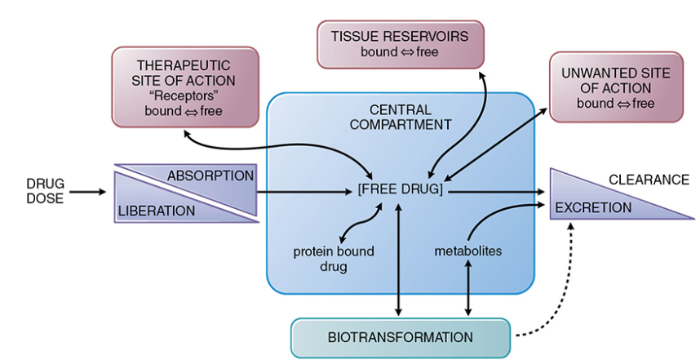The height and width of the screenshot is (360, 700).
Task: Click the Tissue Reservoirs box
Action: click(x=401, y=44)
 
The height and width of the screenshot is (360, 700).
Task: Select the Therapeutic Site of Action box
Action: click(x=185, y=87)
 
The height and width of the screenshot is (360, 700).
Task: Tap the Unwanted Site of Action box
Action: click(x=616, y=87)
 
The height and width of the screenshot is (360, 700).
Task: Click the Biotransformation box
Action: click(x=401, y=337)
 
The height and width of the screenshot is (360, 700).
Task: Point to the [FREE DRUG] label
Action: click(x=401, y=189)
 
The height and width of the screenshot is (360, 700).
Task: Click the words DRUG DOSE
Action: click(x=45, y=191)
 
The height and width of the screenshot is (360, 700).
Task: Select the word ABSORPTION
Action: click(x=210, y=176)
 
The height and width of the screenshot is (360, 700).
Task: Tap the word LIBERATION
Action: click(x=157, y=211)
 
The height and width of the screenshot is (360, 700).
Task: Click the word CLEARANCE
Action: click(x=649, y=180)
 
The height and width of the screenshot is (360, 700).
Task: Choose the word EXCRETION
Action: click(x=593, y=207)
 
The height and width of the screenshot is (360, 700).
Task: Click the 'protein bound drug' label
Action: click(x=334, y=259)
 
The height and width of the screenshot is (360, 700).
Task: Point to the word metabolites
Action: click(x=467, y=251)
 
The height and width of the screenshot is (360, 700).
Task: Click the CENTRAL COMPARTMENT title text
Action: click(x=401, y=117)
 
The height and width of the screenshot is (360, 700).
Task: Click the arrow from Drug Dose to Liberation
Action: click(x=88, y=192)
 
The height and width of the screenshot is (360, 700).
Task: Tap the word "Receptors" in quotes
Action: click(x=184, y=96)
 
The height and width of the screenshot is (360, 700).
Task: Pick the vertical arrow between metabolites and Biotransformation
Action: click(x=467, y=288)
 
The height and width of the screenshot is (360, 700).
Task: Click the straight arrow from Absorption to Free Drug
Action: click(x=304, y=192)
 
